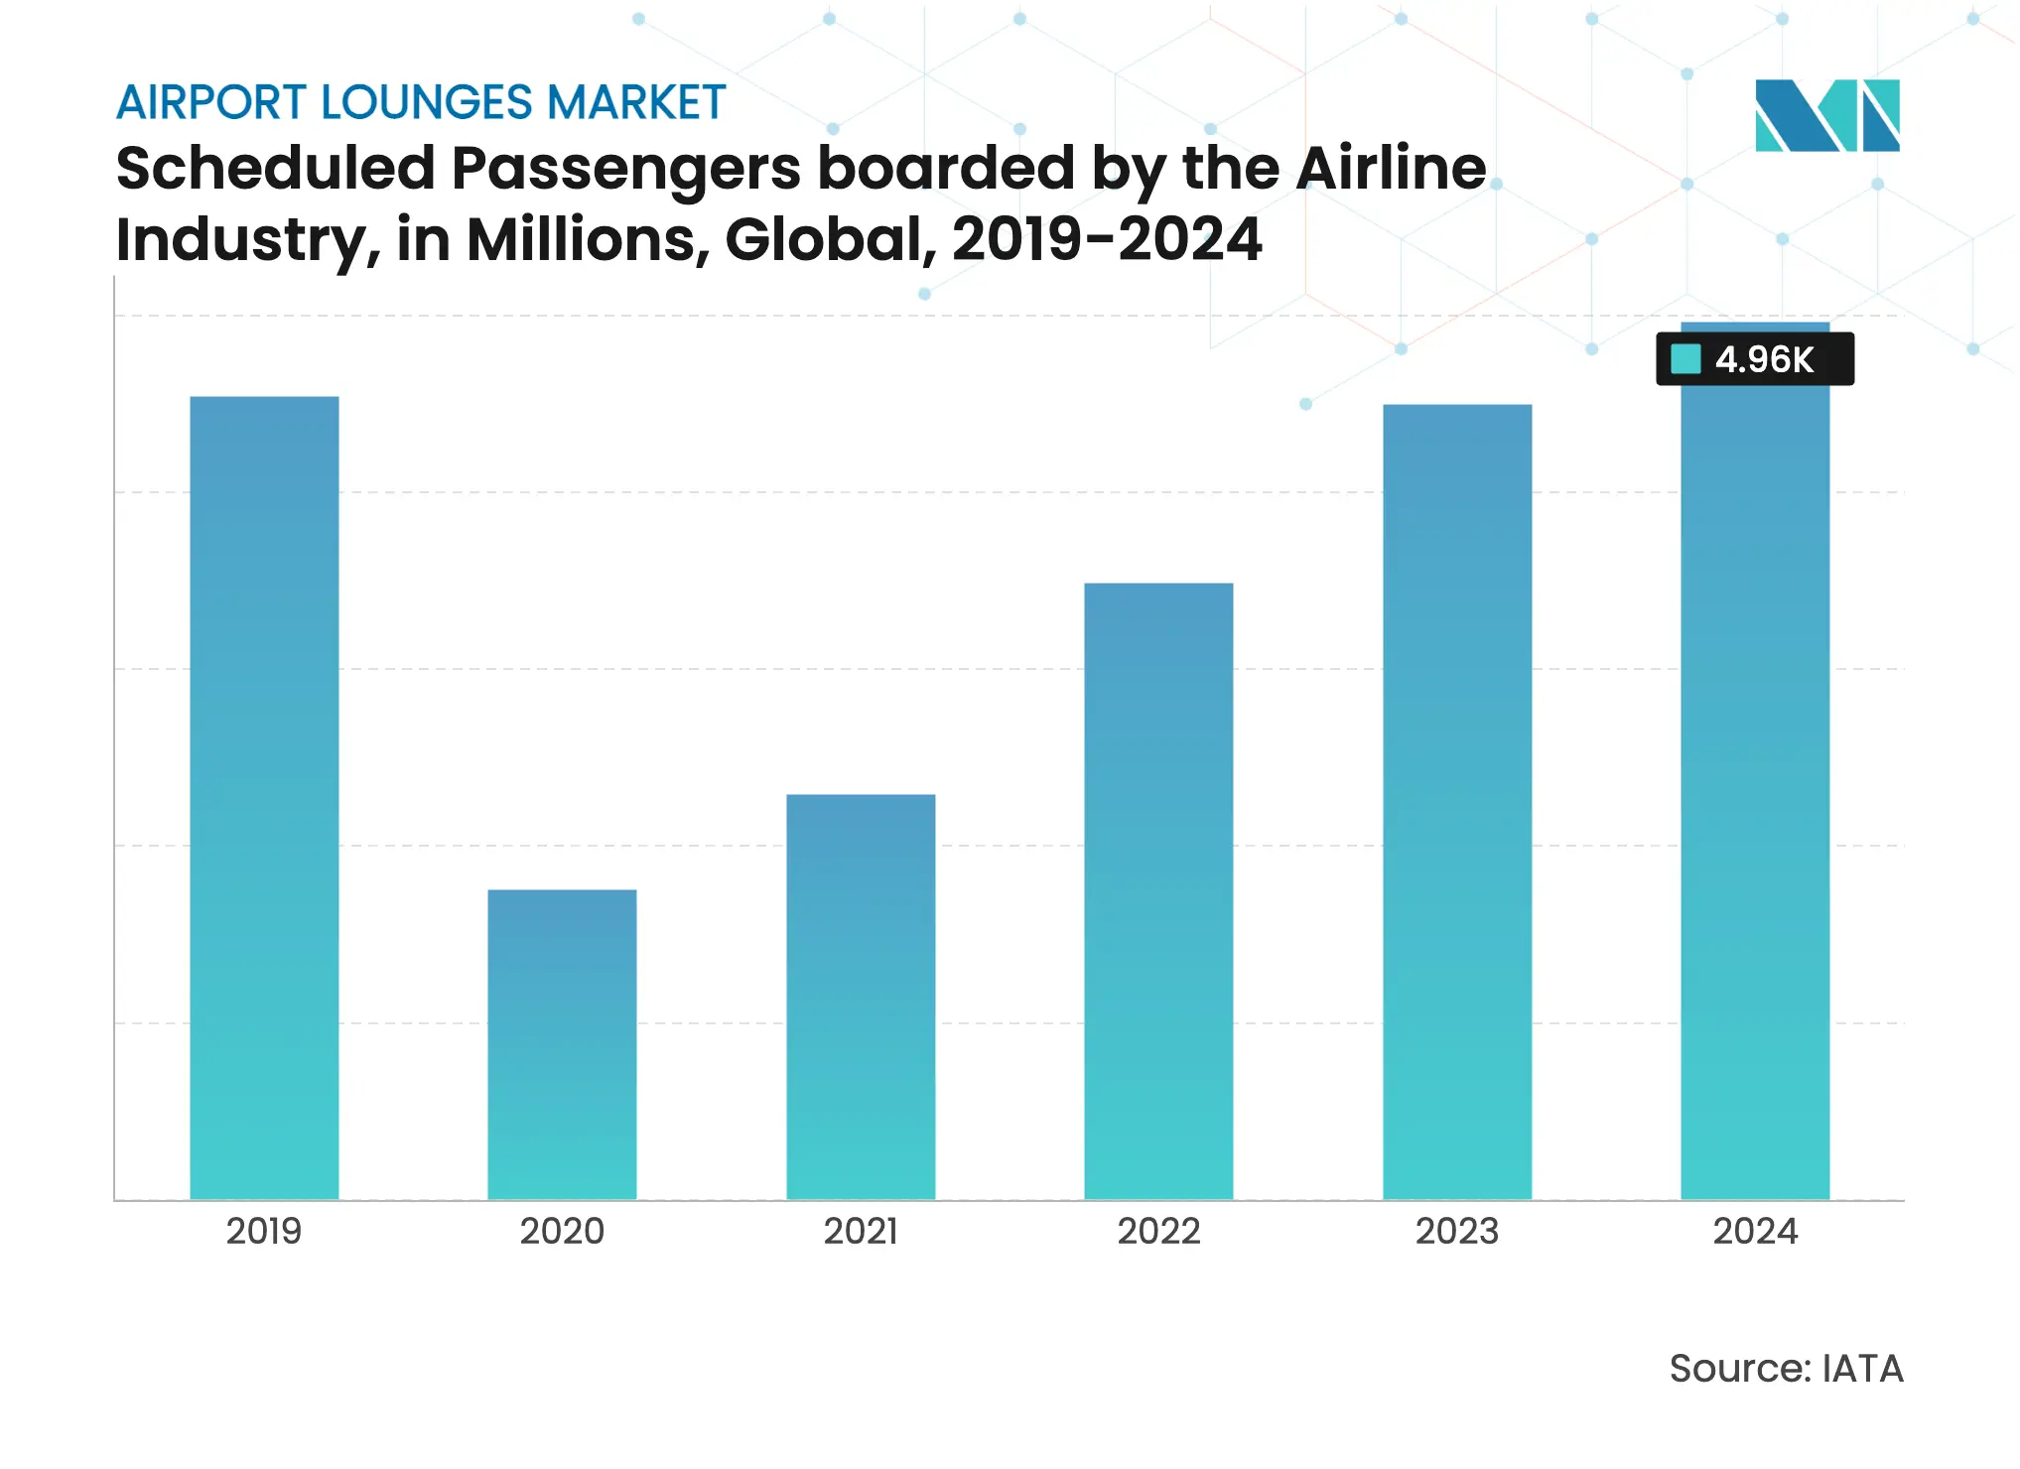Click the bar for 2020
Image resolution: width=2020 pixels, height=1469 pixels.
click(x=562, y=1044)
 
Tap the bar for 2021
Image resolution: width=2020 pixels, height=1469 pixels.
click(x=861, y=997)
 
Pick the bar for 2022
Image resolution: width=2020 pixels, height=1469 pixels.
click(x=1158, y=890)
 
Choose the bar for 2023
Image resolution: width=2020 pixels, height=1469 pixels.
click(x=1457, y=801)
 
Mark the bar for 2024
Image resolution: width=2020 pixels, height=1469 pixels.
click(x=1755, y=794)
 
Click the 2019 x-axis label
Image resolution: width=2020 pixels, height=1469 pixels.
click(x=264, y=1231)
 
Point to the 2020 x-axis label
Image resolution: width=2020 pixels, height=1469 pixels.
click(x=562, y=1231)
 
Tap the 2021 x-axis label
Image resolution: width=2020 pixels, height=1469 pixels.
click(x=861, y=1231)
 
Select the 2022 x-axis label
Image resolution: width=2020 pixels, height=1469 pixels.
click(x=1158, y=1231)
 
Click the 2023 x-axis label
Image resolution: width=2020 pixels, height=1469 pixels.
click(x=1457, y=1231)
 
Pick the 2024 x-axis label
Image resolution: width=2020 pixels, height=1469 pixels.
click(x=1755, y=1231)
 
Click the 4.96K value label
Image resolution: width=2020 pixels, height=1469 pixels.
click(x=1764, y=359)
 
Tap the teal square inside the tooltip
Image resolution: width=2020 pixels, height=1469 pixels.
click(x=1685, y=358)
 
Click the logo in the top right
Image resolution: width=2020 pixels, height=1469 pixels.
click(x=1826, y=115)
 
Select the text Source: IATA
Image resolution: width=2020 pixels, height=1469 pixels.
click(x=1786, y=1368)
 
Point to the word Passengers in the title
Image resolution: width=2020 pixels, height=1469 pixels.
click(x=625, y=169)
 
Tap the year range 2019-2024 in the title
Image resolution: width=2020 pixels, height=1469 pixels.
click(x=1106, y=240)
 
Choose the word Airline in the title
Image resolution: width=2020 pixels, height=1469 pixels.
click(x=1391, y=169)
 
